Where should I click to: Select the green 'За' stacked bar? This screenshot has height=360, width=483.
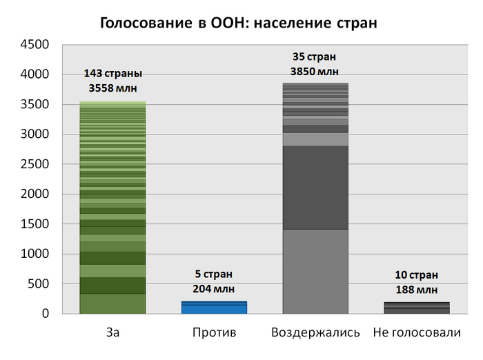click(x=112, y=207)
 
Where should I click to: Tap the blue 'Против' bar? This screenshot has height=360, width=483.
click(x=214, y=308)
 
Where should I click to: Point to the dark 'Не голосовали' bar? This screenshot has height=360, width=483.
click(x=416, y=308)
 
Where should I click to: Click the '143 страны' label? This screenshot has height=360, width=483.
click(x=112, y=73)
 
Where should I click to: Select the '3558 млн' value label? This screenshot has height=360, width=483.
click(x=112, y=88)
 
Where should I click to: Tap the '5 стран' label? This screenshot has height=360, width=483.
click(x=214, y=274)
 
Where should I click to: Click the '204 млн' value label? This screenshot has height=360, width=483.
click(x=214, y=289)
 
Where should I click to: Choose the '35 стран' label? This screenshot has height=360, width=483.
click(x=315, y=57)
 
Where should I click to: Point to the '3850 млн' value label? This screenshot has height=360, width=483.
click(x=315, y=71)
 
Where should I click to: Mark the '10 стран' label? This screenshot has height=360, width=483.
click(x=416, y=275)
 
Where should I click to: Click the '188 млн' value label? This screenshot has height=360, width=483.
click(x=416, y=290)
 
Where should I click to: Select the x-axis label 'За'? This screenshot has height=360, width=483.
click(x=112, y=333)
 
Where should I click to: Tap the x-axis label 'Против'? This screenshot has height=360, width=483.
click(x=214, y=333)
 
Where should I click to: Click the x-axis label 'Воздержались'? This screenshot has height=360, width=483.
click(x=315, y=333)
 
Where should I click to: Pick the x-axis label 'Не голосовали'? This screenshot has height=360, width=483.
click(x=416, y=333)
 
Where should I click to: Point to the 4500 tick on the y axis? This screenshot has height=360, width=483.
click(x=36, y=45)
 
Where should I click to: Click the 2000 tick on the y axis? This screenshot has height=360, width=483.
click(x=36, y=194)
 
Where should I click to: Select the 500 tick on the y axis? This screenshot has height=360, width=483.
click(x=39, y=284)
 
